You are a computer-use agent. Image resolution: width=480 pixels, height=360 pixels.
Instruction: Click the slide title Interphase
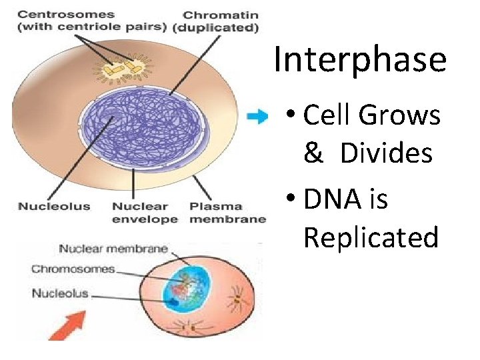click(359, 59)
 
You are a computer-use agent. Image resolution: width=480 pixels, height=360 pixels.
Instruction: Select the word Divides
click(386, 153)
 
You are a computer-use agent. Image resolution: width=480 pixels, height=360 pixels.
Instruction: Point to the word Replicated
click(371, 237)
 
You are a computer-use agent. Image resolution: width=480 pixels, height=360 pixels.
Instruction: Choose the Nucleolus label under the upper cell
click(54, 206)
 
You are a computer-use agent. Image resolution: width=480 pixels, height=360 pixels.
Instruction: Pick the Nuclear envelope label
click(145, 213)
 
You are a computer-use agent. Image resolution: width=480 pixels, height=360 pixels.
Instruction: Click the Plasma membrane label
click(227, 213)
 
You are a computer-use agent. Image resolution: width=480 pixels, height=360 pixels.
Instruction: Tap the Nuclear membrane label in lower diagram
click(113, 249)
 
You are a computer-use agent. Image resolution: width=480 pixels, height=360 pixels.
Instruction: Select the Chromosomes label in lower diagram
click(73, 269)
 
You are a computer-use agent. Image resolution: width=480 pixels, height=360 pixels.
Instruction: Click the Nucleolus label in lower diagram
click(61, 293)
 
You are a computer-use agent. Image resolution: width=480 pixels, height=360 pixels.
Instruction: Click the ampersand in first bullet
click(312, 154)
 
